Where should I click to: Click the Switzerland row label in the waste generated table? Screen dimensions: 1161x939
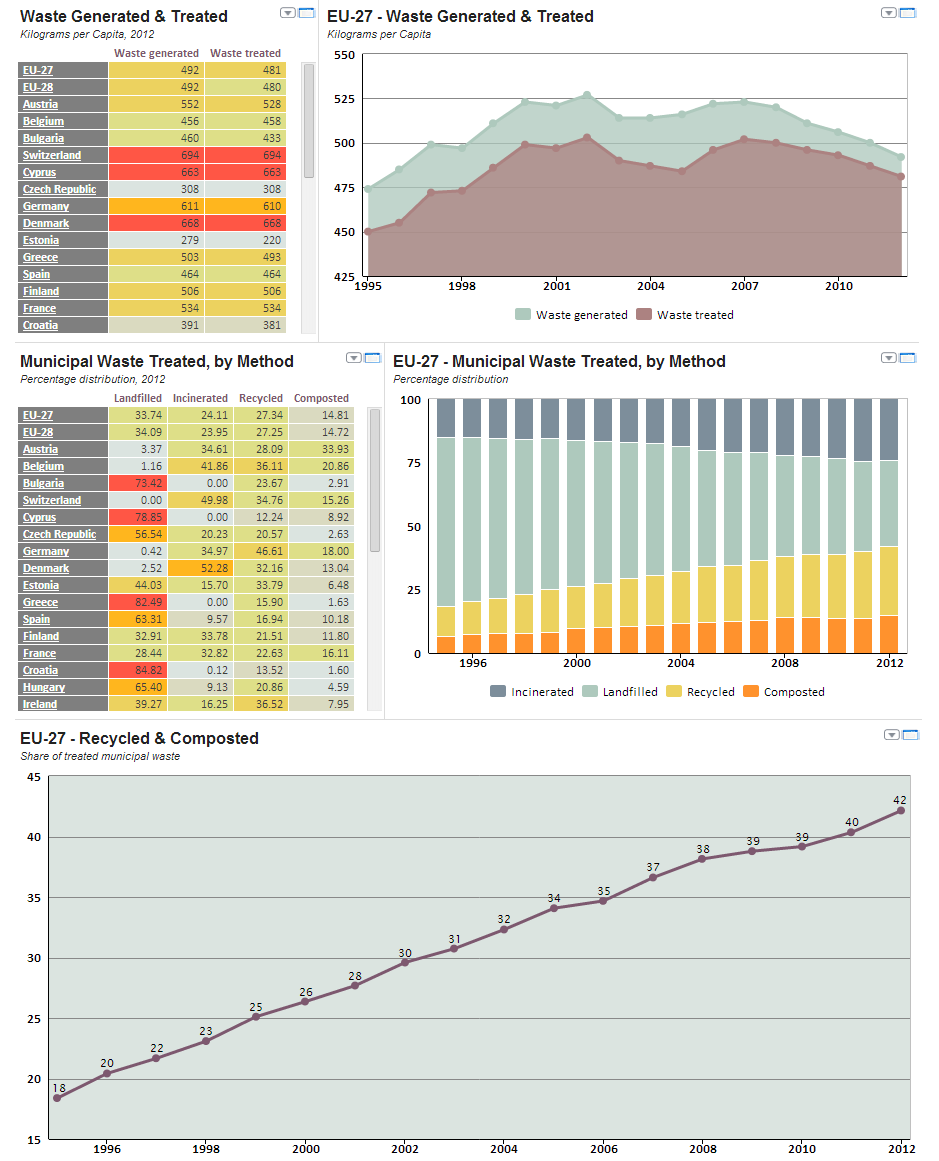pos(52,155)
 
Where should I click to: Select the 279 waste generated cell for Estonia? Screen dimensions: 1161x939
pos(156,240)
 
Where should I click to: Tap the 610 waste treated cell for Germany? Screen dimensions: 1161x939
pos(245,206)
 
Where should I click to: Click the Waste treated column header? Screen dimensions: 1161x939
pos(245,53)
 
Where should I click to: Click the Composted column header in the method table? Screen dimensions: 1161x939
pos(322,398)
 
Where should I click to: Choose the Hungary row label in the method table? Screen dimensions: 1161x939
pos(44,687)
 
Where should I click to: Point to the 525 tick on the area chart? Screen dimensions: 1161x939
pos(343,99)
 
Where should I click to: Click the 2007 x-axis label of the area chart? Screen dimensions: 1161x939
pos(744,285)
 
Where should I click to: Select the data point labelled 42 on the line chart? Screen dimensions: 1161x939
pos(901,810)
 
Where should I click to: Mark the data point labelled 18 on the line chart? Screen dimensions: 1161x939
pos(57,1098)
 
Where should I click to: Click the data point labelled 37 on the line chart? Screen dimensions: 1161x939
pos(653,877)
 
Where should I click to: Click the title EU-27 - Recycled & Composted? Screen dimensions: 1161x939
pos(139,738)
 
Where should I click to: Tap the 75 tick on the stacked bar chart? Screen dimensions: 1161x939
pos(413,463)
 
